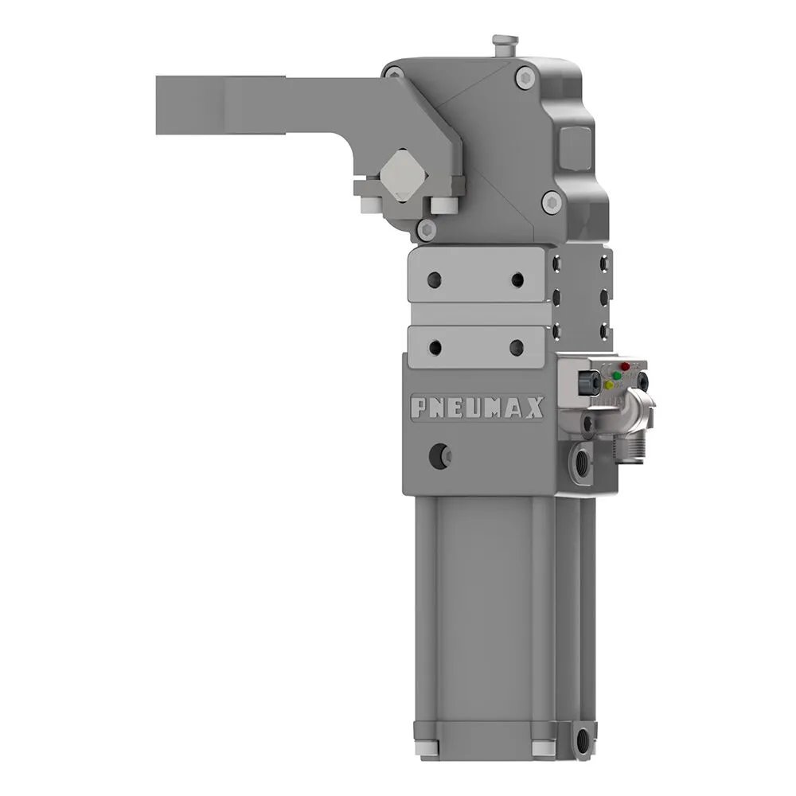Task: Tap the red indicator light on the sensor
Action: [x=625, y=367]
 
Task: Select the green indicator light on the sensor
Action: [x=615, y=375]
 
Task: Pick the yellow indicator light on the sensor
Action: [x=609, y=384]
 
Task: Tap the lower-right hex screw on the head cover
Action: [x=549, y=202]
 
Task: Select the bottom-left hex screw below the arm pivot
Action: [x=427, y=230]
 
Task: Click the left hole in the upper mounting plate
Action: [x=434, y=279]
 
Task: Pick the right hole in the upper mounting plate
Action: [x=518, y=279]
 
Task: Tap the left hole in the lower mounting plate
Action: [x=435, y=347]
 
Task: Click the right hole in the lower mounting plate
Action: [x=517, y=347]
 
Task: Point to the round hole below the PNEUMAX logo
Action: [x=438, y=455]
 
